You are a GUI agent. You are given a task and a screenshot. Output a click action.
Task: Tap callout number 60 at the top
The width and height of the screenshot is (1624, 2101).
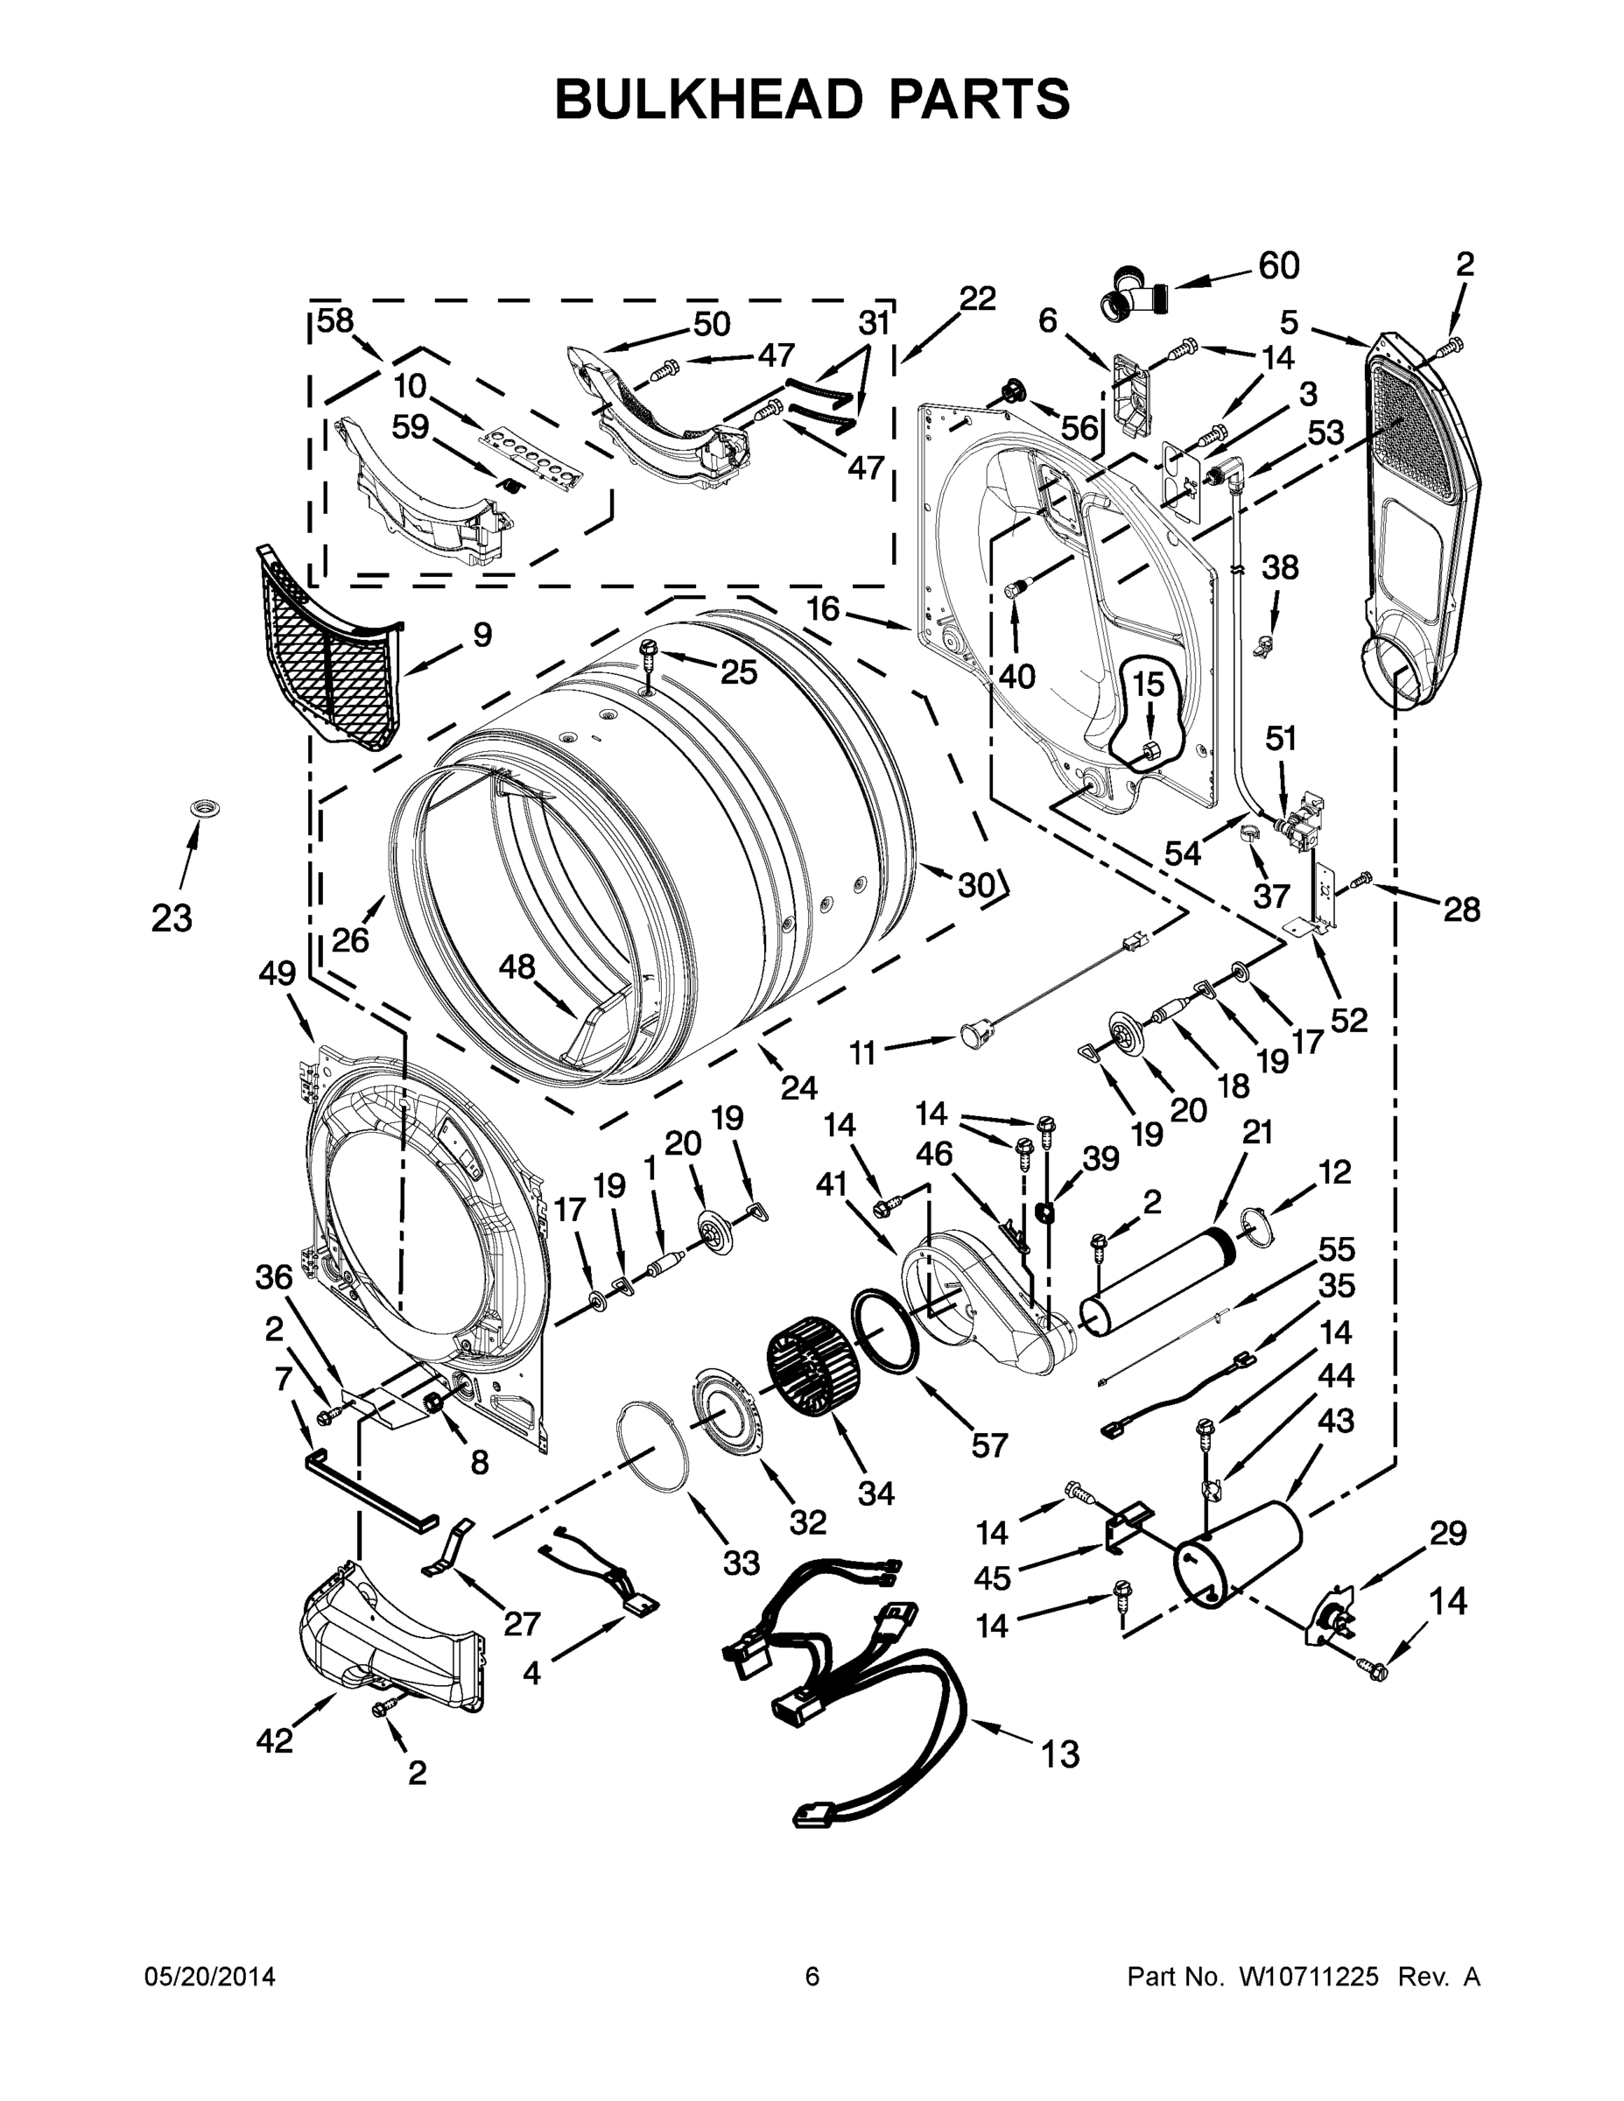1278,266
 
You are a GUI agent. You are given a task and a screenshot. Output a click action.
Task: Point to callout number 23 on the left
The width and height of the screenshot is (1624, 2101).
172,918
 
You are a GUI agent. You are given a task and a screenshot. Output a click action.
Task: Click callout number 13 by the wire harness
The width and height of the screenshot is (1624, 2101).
1060,1754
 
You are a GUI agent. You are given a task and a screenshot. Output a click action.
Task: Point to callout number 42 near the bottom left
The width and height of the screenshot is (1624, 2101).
274,1739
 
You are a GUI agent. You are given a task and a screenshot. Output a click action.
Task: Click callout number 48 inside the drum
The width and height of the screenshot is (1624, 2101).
517,966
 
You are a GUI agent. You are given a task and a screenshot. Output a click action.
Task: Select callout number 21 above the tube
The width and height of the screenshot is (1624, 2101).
1256,1134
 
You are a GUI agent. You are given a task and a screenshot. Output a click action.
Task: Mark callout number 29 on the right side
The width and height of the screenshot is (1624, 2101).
1447,1534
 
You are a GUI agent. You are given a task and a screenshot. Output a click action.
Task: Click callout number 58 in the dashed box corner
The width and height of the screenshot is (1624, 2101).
336,320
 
